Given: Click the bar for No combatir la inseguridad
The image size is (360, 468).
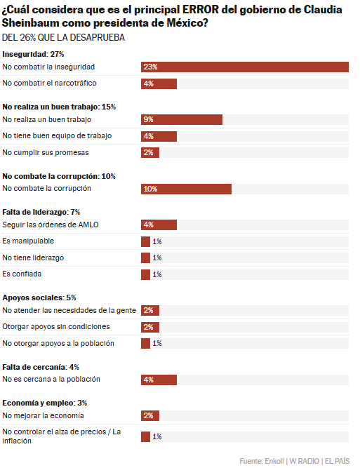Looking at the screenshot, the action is point(245,67).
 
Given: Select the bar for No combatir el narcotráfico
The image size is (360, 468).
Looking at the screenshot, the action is point(159,83).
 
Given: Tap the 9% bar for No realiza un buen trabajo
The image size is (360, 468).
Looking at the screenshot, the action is point(182,120).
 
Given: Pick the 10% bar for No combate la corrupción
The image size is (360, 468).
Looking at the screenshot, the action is point(186,189).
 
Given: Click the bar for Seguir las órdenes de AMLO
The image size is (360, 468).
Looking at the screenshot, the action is point(159,225).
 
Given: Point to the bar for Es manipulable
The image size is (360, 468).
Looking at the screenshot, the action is point(146,241).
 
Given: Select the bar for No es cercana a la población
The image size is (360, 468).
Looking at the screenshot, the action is point(159,380).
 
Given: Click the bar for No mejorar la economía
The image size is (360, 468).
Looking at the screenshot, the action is point(150,416).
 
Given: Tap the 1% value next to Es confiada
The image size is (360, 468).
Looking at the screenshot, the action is point(157,274).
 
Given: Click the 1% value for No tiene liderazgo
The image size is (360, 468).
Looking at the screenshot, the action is point(157,258).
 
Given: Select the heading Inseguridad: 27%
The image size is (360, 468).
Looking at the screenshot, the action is point(33,54).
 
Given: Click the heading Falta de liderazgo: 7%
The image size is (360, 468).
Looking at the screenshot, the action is point(41,212).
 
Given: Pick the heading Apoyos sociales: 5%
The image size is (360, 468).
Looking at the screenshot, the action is point(39,298).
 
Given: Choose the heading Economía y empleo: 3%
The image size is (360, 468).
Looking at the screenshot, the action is point(45,403).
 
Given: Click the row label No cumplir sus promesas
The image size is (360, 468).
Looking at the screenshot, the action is point(46,152).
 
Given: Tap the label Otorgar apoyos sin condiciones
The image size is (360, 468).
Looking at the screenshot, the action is point(56,327).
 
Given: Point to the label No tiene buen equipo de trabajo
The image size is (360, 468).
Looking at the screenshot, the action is point(57,136).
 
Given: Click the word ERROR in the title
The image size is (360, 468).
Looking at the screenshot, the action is point(201,10).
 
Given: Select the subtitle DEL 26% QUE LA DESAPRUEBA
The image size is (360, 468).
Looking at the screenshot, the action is point(63,38).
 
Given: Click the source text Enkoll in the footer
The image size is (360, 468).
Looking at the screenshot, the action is point(274,461).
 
